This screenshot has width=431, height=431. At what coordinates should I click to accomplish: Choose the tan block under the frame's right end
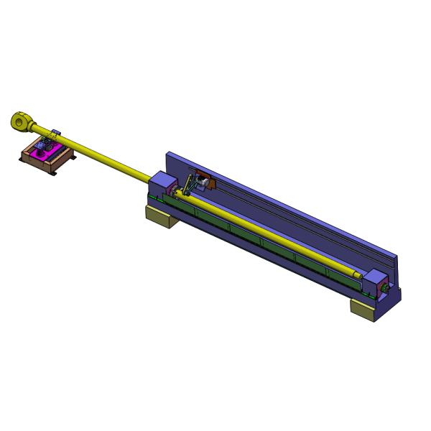pos(364,310)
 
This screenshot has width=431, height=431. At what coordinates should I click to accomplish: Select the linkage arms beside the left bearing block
pos(188,185)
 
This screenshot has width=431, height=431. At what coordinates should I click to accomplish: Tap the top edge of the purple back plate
pos(280,201)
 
